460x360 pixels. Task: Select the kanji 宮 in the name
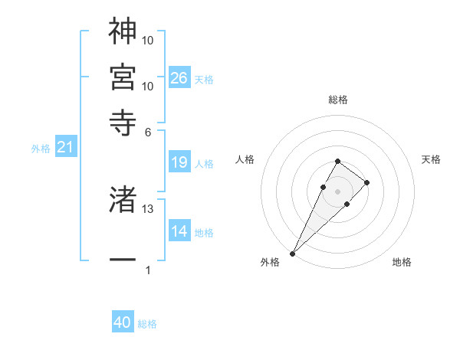pos(123,77)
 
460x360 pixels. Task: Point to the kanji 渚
pos(123,200)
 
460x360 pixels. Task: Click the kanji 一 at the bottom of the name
pos(123,261)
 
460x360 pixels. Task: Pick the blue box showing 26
pos(179,78)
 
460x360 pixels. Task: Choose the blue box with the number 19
pos(179,162)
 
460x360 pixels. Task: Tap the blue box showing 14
pos(179,231)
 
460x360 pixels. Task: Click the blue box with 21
pos(65,147)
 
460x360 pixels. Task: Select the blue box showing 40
pos(123,322)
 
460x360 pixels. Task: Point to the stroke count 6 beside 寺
pos(148,131)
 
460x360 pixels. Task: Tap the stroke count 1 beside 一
pos(148,270)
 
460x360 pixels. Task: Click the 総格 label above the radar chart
pos(338,100)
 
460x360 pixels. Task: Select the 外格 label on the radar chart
pos(270,263)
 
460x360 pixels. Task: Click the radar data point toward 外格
pos(293,252)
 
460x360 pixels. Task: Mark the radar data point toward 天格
pos(367,182)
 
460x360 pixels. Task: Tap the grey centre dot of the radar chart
pos(337,190)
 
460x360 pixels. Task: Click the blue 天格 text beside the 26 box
pos(204,80)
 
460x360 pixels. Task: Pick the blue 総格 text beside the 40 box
pos(147,324)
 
